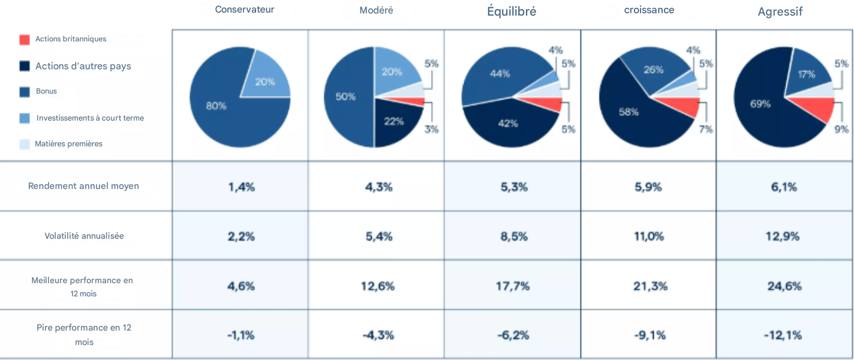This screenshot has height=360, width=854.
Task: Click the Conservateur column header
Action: (245, 10)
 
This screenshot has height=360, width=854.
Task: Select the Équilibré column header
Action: (512, 11)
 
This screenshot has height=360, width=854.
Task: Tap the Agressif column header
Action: (780, 12)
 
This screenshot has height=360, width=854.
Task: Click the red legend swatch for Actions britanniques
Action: (25, 40)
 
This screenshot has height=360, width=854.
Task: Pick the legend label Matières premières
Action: (68, 144)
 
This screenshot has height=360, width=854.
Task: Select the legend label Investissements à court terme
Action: (90, 118)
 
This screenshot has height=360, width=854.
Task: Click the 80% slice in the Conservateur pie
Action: (222, 108)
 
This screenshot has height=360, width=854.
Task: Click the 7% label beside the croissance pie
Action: (705, 129)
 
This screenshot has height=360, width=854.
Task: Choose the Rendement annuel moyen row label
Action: (83, 186)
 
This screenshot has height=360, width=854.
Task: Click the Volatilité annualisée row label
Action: (84, 236)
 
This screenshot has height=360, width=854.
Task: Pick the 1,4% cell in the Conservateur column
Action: (241, 187)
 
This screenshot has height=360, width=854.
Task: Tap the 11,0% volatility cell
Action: (649, 236)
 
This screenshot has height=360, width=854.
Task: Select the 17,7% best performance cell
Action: (513, 286)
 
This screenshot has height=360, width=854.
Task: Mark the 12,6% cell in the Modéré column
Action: (378, 286)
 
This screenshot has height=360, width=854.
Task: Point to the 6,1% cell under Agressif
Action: (784, 187)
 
